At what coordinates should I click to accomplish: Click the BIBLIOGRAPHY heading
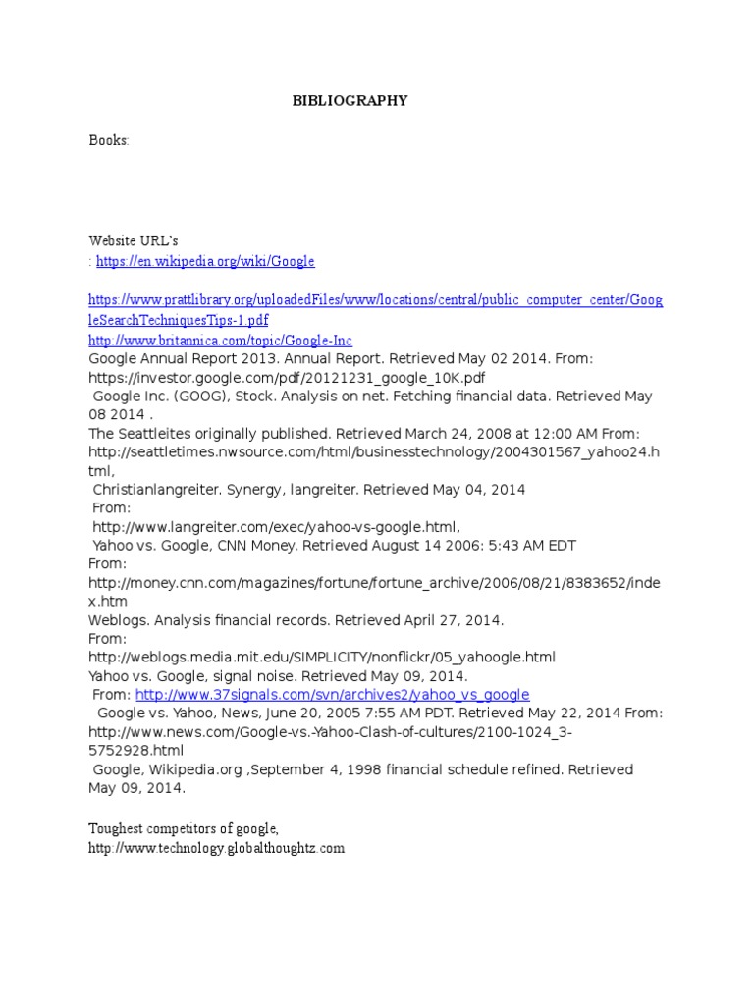350,101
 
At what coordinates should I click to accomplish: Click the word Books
108,140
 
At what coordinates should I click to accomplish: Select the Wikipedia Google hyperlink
205,261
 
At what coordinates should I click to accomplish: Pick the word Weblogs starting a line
118,620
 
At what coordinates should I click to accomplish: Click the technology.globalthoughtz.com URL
216,848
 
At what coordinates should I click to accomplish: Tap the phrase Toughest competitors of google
184,829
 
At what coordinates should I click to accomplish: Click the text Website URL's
134,240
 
